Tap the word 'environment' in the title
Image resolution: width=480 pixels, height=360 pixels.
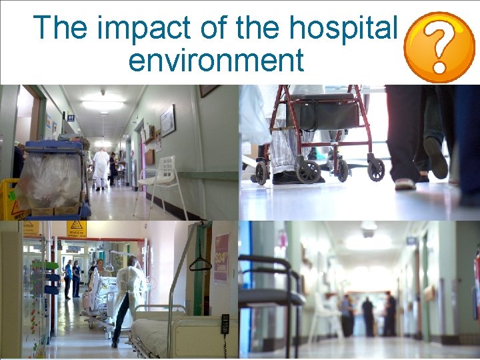point(216,60)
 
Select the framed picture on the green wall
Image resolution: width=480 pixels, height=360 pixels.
point(167,120)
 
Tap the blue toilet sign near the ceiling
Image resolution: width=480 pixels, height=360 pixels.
point(71,117)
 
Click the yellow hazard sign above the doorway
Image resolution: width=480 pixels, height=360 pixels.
point(77,229)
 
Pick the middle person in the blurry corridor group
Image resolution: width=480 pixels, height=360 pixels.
point(367,316)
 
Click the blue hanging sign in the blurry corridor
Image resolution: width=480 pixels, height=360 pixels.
point(411,241)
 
